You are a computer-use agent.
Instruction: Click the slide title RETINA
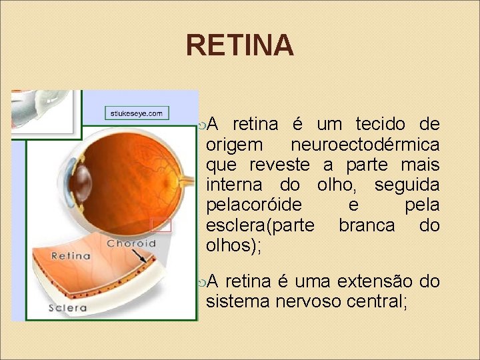pyautogui.click(x=239, y=45)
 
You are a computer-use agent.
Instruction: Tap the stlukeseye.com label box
pyautogui.click(x=137, y=113)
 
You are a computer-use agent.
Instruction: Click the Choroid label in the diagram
pyautogui.click(x=131, y=243)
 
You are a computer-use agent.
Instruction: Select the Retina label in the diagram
pyautogui.click(x=71, y=255)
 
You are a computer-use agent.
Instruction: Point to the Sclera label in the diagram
pyautogui.click(x=67, y=307)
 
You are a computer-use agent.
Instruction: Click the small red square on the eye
pyautogui.click(x=161, y=225)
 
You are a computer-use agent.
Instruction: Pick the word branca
pyautogui.click(x=367, y=225)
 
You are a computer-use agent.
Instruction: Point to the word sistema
pyautogui.click(x=233, y=301)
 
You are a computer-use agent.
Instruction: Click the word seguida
pyautogui.click(x=407, y=185)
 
